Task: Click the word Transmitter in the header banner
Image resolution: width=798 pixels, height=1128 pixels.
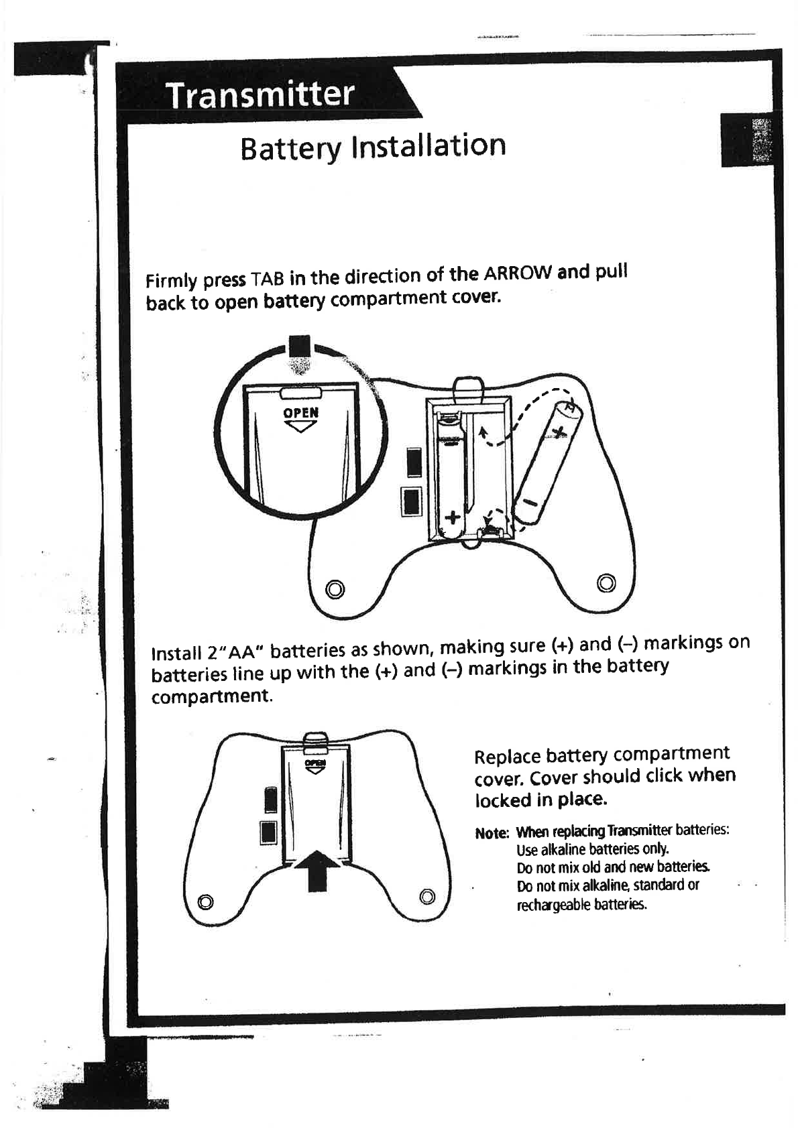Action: click(259, 95)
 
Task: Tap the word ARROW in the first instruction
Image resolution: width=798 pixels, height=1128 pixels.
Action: click(519, 273)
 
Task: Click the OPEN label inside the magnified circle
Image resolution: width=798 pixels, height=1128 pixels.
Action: click(300, 413)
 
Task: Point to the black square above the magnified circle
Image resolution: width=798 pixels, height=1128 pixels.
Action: click(300, 347)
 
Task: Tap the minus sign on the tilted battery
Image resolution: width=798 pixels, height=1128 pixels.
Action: click(530, 502)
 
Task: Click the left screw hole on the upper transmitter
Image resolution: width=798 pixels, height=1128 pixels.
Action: click(335, 588)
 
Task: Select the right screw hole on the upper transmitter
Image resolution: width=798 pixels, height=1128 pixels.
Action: click(606, 581)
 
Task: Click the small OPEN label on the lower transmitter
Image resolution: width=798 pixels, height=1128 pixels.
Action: click(315, 763)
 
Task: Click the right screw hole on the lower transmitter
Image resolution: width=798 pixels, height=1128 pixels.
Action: click(427, 896)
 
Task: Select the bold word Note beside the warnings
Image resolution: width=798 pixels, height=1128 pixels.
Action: click(492, 833)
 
